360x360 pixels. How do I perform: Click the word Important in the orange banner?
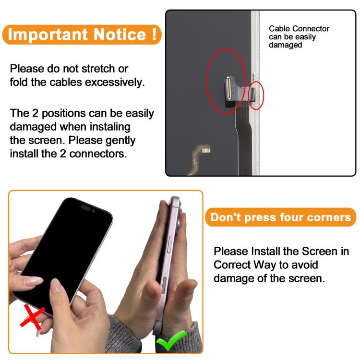48,35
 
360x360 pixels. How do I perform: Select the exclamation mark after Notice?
154,34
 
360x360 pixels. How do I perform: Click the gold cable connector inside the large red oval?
228,88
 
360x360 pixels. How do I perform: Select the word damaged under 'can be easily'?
286,45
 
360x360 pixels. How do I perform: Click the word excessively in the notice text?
115,83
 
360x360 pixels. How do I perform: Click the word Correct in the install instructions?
232,264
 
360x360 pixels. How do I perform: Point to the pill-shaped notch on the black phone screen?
85,207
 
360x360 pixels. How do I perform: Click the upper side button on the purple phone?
170,244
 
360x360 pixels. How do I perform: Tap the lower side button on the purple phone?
164,286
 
